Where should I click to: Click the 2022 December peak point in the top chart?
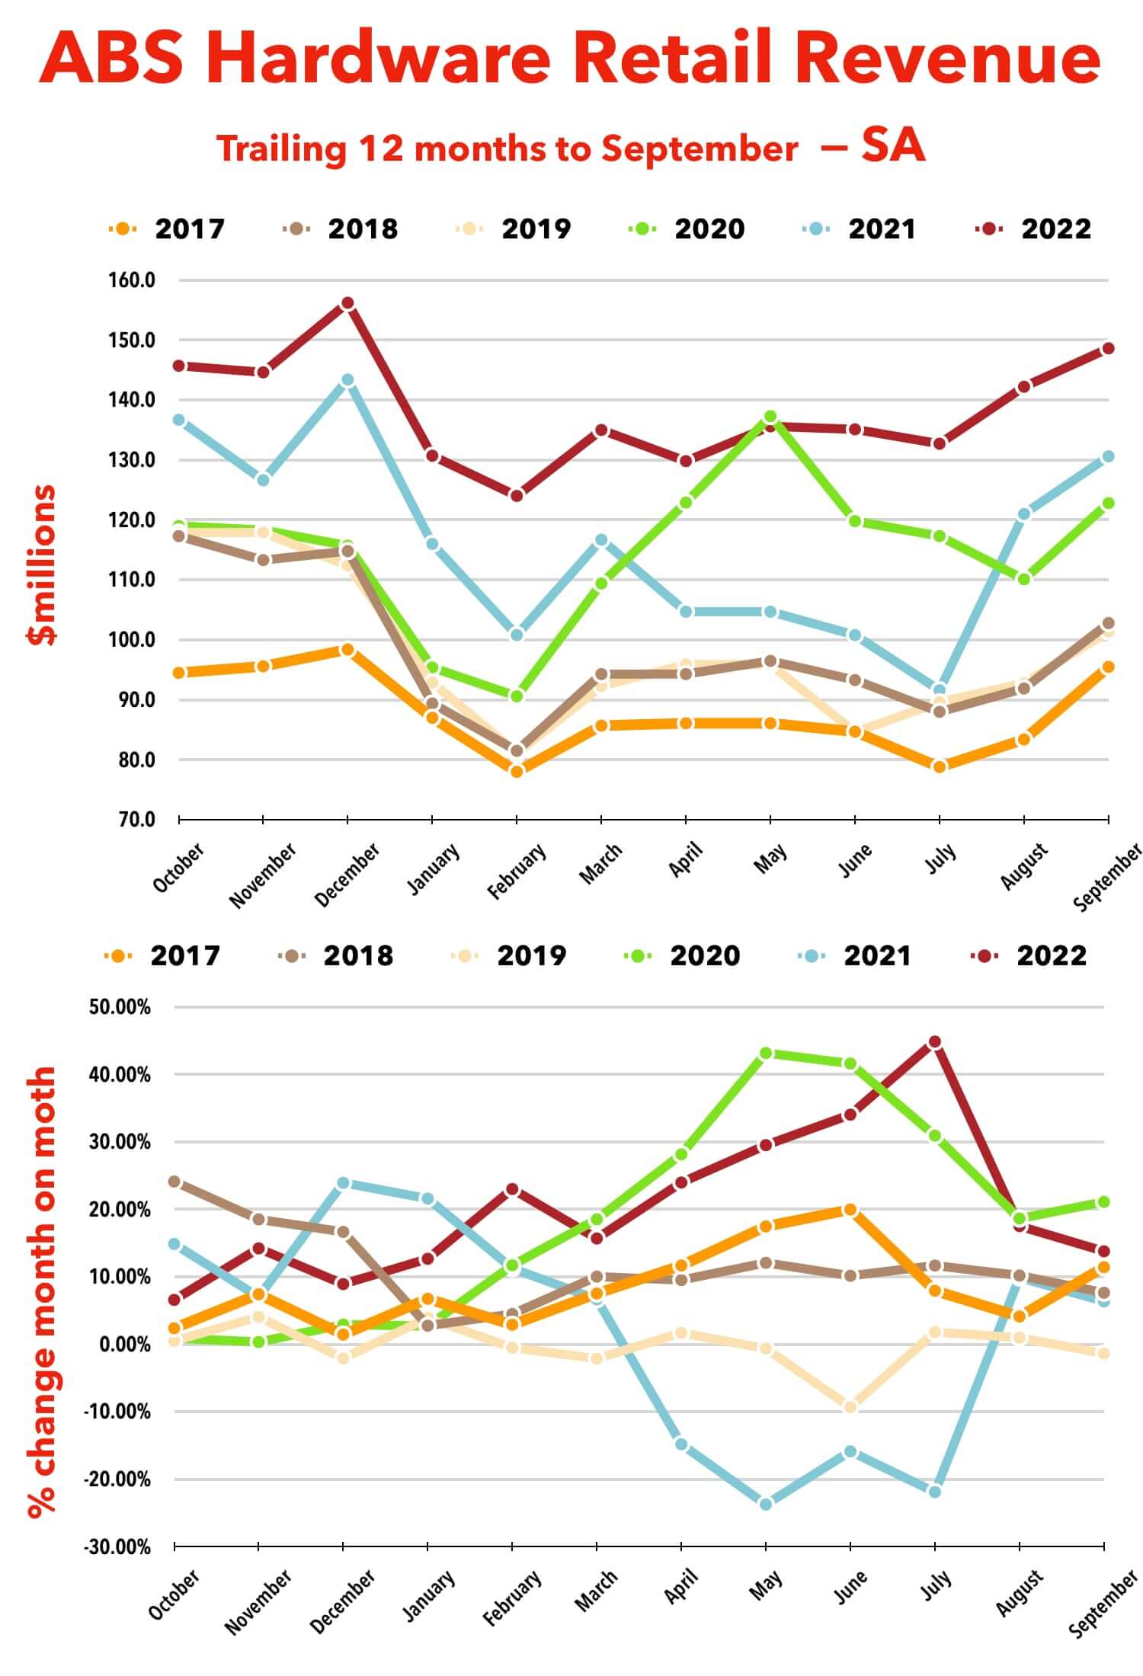(347, 303)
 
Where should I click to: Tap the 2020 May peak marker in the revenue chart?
(770, 417)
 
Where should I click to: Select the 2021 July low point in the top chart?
(940, 690)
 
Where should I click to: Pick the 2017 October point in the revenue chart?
(179, 673)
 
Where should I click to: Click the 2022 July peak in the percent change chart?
(935, 1041)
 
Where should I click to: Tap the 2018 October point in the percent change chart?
(174, 1182)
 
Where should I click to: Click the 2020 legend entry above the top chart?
(686, 229)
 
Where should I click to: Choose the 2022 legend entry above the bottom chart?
(1029, 955)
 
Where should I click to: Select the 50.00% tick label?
(120, 1007)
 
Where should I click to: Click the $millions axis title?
(43, 565)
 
